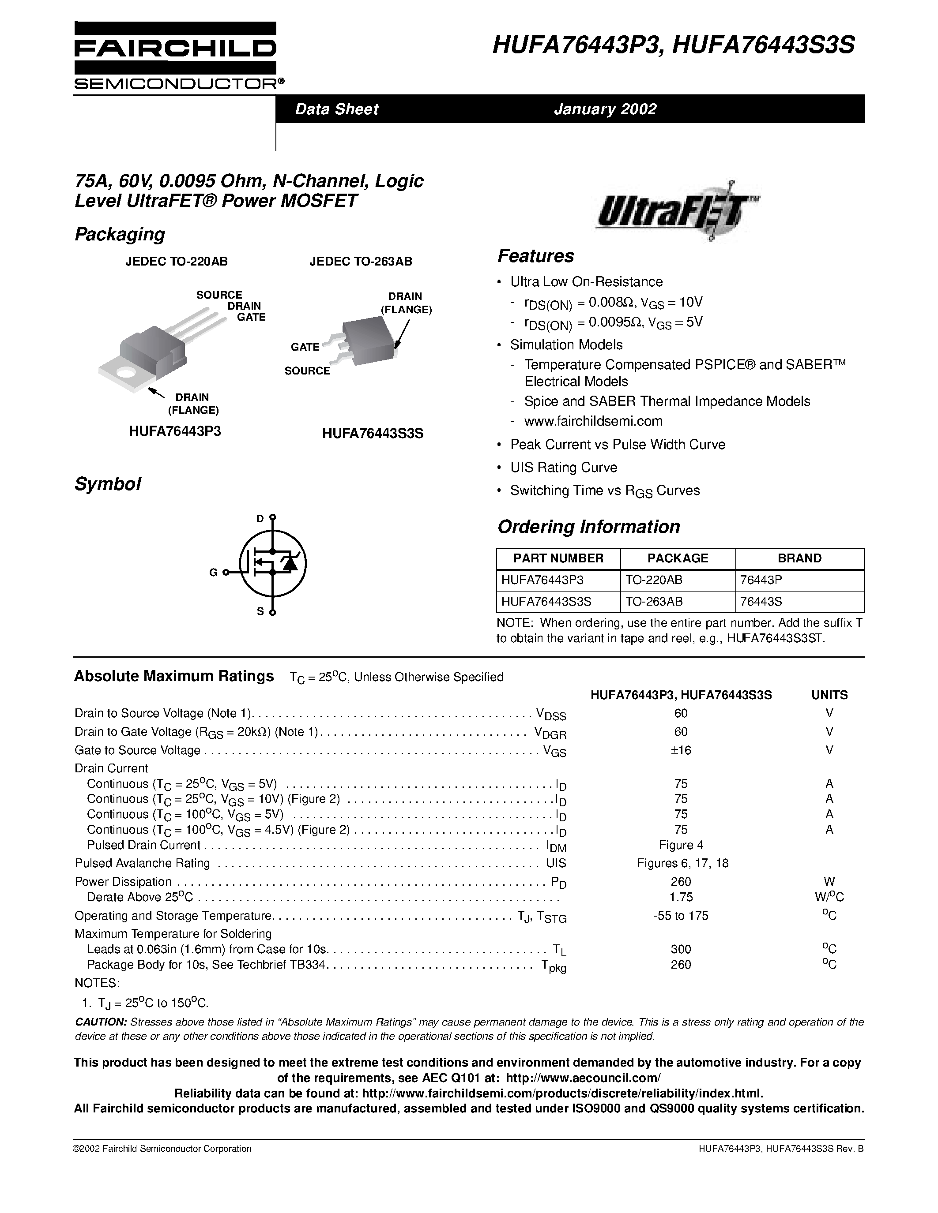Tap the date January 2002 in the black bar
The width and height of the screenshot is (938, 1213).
tap(605, 109)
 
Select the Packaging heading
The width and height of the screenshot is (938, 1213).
tap(120, 234)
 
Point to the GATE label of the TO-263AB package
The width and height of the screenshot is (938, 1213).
tap(305, 347)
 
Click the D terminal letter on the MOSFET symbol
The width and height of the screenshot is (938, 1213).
tap(260, 519)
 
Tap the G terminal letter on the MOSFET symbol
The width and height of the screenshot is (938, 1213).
tap(213, 573)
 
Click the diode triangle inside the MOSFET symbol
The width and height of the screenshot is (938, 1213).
tap(288, 563)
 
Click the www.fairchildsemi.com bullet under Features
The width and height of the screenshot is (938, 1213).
tap(593, 421)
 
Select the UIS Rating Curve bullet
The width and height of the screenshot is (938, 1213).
tap(564, 468)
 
